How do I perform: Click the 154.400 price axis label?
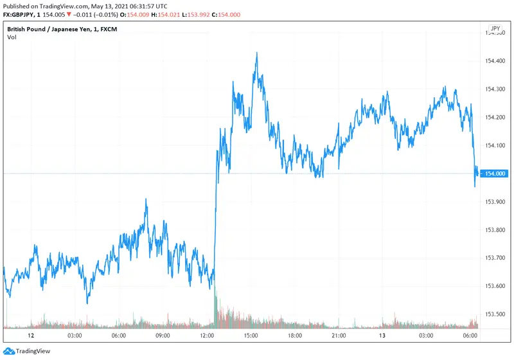[x=497, y=61]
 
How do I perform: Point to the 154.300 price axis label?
[x=497, y=89]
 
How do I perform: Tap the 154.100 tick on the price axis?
[x=497, y=145]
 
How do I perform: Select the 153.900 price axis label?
[x=497, y=201]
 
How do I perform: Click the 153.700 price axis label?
[x=497, y=258]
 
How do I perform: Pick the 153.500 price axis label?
[x=497, y=314]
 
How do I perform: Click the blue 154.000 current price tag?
[x=497, y=174]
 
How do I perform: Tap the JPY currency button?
[x=495, y=29]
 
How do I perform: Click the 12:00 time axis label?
[x=207, y=335]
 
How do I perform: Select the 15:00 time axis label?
[x=251, y=335]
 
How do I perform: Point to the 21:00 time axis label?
[x=339, y=335]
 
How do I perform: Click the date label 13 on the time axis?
[x=383, y=335]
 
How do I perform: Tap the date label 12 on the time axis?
[x=30, y=335]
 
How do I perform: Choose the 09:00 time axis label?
[x=163, y=335]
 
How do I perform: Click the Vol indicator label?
[x=12, y=37]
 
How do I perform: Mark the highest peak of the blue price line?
[x=256, y=53]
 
